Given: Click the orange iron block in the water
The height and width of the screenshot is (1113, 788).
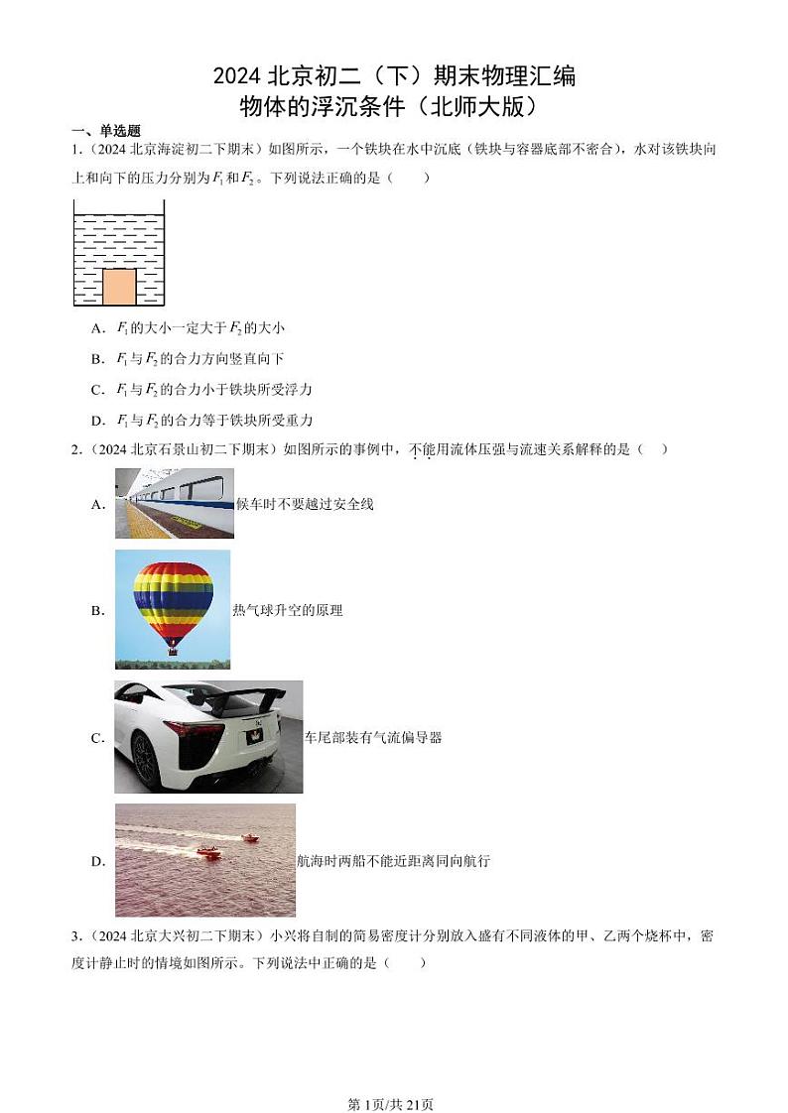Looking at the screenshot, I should (119, 287).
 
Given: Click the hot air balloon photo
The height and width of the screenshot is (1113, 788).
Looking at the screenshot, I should (173, 609).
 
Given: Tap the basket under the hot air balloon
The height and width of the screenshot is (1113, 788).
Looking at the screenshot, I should (174, 650).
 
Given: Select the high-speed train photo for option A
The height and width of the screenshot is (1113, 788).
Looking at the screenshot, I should (174, 503).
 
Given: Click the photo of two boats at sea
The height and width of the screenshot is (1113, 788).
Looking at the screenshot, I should (205, 859).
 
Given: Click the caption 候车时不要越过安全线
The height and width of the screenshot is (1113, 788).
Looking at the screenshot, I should (305, 504).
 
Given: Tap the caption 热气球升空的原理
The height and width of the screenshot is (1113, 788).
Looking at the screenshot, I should (287, 610).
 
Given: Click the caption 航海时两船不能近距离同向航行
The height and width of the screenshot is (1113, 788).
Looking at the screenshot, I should (393, 861).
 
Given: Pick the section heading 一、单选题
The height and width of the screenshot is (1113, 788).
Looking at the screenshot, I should (105, 131).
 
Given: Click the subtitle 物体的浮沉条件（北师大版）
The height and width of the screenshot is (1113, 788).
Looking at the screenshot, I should (394, 104).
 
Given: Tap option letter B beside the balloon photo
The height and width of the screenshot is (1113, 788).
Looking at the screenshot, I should (97, 611).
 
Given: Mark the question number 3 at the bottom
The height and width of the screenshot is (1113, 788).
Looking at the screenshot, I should (75, 934).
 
